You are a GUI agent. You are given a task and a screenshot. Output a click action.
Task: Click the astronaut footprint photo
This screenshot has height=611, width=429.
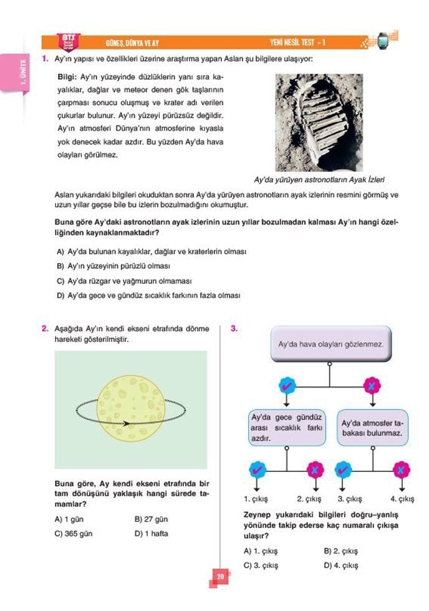tap(319, 122)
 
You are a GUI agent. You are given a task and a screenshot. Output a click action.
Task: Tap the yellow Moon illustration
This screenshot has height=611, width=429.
tap(131, 407)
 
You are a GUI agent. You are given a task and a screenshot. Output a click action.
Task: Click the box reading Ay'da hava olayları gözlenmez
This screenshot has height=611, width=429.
tap(330, 344)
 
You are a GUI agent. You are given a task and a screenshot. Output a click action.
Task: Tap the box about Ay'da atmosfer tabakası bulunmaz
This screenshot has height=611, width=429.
tap(372, 427)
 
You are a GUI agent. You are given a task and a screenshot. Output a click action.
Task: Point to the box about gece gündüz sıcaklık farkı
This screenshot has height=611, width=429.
tap(286, 427)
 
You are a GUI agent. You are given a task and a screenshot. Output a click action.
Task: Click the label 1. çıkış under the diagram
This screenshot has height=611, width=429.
tap(256, 499)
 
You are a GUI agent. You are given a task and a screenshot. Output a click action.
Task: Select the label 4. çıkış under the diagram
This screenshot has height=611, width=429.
tap(402, 499)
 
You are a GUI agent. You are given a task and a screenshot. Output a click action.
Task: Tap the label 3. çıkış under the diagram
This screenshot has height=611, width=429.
tap(350, 499)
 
